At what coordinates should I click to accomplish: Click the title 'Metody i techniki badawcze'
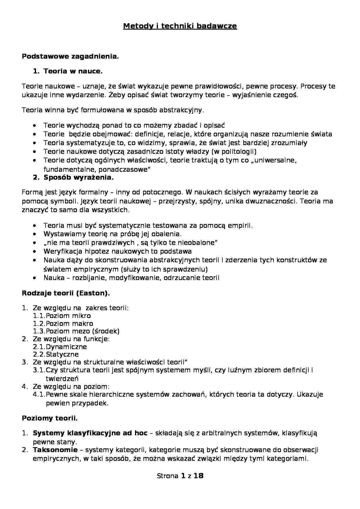pyautogui.click(x=180, y=26)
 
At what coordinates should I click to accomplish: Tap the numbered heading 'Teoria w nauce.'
pyautogui.click(x=73, y=71)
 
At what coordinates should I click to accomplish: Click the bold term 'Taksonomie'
pyautogui.click(x=55, y=450)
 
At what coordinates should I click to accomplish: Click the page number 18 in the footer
pyautogui.click(x=199, y=476)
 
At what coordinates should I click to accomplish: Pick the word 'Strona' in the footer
pyautogui.click(x=168, y=476)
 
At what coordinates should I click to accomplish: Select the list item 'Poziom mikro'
pyautogui.click(x=68, y=316)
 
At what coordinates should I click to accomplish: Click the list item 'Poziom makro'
pyautogui.click(x=69, y=324)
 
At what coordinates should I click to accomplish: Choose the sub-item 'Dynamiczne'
pyautogui.click(x=66, y=347)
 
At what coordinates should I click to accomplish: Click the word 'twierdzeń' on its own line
pyautogui.click(x=62, y=378)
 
